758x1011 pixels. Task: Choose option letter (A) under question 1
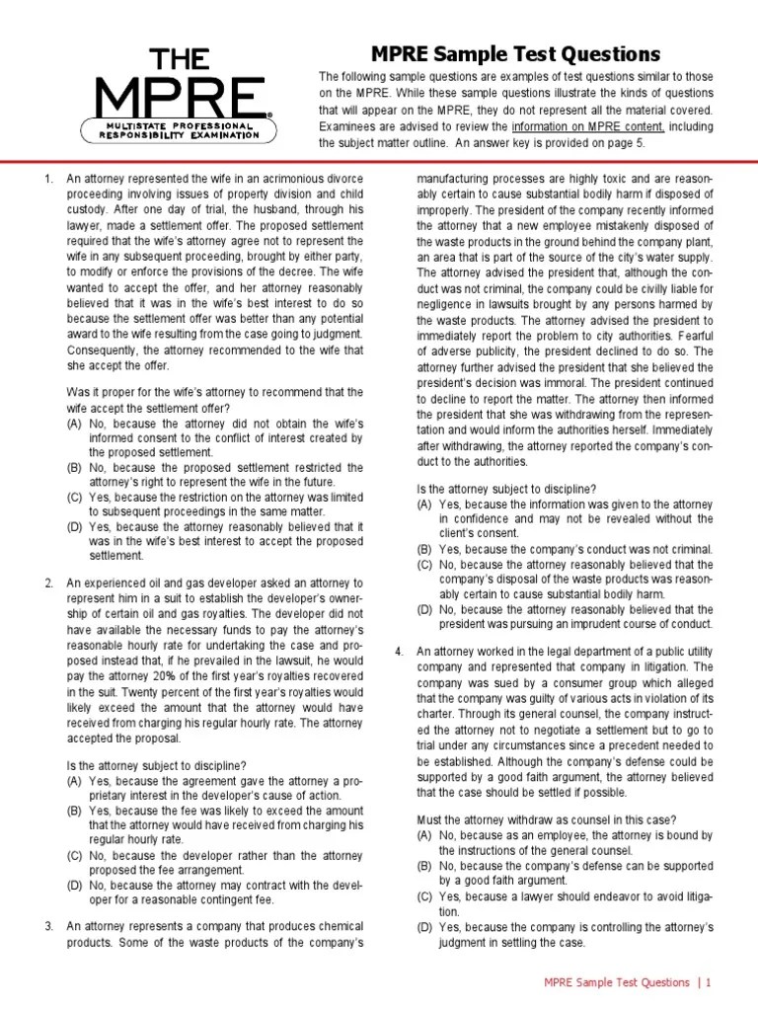tap(74, 423)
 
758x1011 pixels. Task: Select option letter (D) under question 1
tap(74, 526)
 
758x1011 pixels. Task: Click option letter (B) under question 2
tap(74, 811)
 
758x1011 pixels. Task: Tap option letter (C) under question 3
tap(424, 564)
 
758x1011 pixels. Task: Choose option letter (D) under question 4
tap(424, 927)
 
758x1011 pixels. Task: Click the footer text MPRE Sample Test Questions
tap(617, 982)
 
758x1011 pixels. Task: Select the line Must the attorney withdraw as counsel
tap(546, 820)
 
